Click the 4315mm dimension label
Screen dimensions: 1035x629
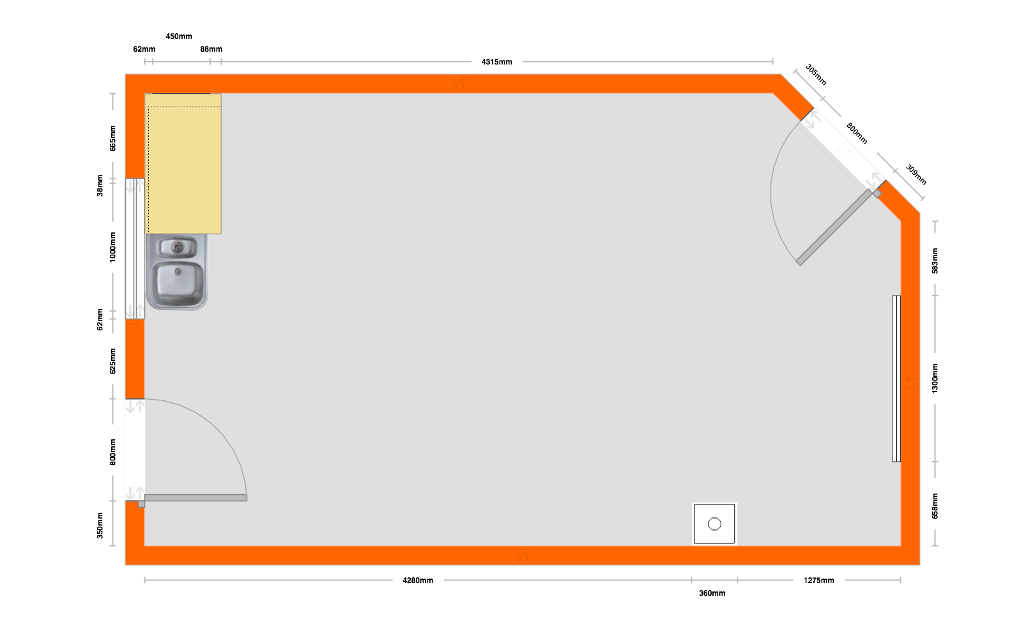click(x=496, y=62)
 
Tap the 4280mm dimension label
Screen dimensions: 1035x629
click(x=418, y=580)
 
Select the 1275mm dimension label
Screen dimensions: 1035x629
click(x=819, y=580)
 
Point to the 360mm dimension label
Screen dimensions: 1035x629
click(x=712, y=593)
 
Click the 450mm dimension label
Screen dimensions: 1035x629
click(x=179, y=36)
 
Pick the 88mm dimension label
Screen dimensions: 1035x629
click(x=211, y=49)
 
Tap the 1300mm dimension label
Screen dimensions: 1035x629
click(x=935, y=379)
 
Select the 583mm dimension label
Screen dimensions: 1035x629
click(x=935, y=261)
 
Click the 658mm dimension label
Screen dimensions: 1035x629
click(x=935, y=506)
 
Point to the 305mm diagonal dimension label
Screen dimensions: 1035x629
click(x=816, y=75)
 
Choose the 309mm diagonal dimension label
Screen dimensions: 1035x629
click(x=916, y=174)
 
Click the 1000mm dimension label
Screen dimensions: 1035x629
click(x=112, y=248)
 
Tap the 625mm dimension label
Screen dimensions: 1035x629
click(x=112, y=361)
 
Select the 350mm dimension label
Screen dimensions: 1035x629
click(x=100, y=526)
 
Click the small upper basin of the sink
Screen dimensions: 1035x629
click(x=178, y=248)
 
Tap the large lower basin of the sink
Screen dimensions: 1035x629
click(x=178, y=284)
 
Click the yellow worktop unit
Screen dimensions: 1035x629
click(x=183, y=164)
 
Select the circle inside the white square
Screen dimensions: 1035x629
click(x=714, y=524)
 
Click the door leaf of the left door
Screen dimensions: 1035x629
click(x=196, y=498)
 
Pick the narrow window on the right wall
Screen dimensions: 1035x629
click(x=896, y=379)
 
